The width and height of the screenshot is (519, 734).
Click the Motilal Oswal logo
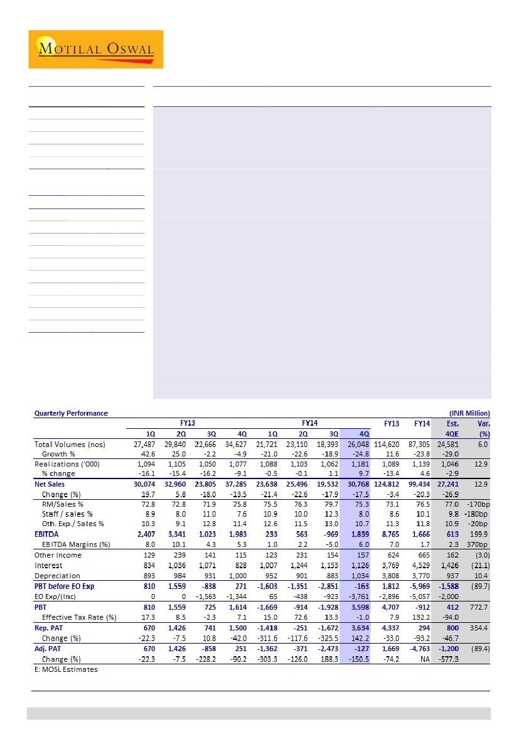(95, 49)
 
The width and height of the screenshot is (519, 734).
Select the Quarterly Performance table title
(71, 413)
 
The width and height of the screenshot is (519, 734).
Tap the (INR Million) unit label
(469, 413)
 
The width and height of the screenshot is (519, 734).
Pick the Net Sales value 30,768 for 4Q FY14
(355, 484)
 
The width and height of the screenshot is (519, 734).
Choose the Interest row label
(48, 565)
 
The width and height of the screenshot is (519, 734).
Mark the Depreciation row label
(57, 576)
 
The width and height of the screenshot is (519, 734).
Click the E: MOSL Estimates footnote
(66, 669)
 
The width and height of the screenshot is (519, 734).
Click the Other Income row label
(58, 555)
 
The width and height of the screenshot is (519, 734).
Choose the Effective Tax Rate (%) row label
(79, 617)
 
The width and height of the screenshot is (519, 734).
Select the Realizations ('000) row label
(67, 464)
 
